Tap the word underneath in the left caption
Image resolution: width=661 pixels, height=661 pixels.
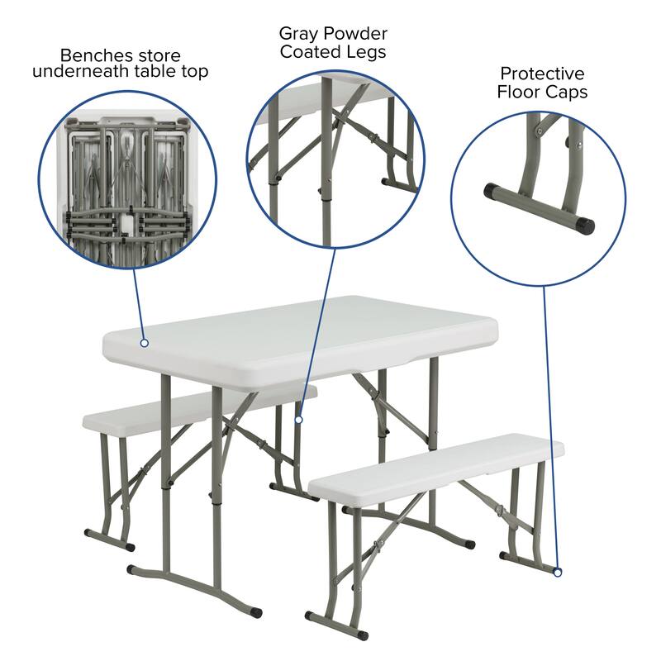[x=80, y=72]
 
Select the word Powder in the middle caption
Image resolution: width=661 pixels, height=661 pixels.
[x=352, y=34]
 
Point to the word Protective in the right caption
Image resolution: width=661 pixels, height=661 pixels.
[x=542, y=74]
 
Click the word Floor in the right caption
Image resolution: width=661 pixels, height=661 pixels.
[x=519, y=92]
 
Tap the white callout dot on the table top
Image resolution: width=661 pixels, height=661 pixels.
[x=144, y=342]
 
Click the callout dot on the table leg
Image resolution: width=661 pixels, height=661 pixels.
[x=298, y=420]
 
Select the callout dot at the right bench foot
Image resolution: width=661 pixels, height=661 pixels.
[x=558, y=572]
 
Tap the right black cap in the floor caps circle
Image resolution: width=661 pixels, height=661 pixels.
[x=586, y=222]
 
